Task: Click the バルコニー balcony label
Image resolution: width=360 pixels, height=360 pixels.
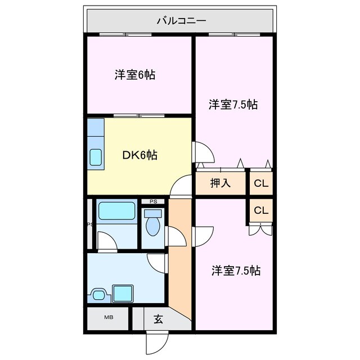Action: pyautogui.click(x=181, y=21)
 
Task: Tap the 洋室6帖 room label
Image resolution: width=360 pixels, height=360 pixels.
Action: pyautogui.click(x=135, y=75)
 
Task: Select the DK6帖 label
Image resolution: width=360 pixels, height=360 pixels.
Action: pyautogui.click(x=139, y=156)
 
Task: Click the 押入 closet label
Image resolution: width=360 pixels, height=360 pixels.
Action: pyautogui.click(x=220, y=183)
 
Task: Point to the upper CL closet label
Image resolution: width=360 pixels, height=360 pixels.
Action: pyautogui.click(x=260, y=183)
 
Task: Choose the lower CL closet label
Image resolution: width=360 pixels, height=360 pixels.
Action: pyautogui.click(x=260, y=211)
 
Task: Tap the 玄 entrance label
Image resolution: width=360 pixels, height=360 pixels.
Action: pyautogui.click(x=158, y=319)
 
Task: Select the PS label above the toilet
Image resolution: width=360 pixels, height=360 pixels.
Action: pyautogui.click(x=152, y=201)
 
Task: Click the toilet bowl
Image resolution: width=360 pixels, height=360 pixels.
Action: pyautogui.click(x=152, y=224)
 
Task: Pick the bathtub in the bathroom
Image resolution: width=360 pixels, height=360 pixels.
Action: pyautogui.click(x=116, y=211)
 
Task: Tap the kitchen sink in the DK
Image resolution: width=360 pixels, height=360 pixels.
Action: pyautogui.click(x=95, y=156)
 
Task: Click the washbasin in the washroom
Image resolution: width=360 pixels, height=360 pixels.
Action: pyautogui.click(x=100, y=294)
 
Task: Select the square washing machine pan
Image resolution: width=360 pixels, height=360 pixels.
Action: pyautogui.click(x=123, y=294)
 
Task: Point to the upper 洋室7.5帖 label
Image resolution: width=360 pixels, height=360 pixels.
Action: pyautogui.click(x=233, y=104)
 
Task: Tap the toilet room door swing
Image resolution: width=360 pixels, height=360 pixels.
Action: pyautogui.click(x=175, y=236)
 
